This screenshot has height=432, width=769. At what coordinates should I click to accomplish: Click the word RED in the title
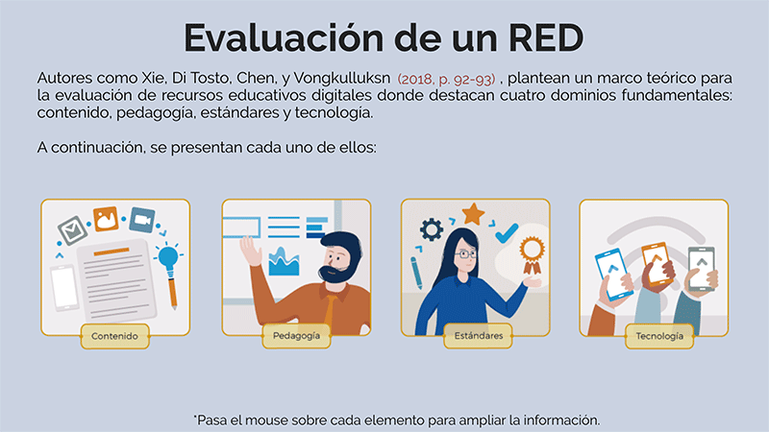546,37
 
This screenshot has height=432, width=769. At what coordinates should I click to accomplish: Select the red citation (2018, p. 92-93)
446,79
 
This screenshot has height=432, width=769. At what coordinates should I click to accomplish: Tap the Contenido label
114,336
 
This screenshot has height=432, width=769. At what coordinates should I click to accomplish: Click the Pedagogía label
296,336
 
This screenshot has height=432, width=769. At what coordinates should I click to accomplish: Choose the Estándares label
478,336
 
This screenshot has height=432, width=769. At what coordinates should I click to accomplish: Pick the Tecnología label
659,336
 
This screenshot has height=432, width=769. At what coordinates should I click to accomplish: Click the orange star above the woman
473,213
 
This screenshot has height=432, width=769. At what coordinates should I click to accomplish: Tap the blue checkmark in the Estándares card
507,233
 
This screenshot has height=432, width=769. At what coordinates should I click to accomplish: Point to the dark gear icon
431,229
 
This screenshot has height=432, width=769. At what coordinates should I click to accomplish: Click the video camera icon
142,220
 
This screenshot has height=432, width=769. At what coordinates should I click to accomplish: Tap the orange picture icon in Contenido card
106,219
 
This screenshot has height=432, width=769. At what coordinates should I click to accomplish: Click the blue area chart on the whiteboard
284,261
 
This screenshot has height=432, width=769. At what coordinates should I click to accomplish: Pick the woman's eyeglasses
465,254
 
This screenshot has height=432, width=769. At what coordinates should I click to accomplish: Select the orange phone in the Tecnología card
656,263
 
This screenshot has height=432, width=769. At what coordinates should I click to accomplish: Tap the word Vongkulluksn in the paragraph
342,79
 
